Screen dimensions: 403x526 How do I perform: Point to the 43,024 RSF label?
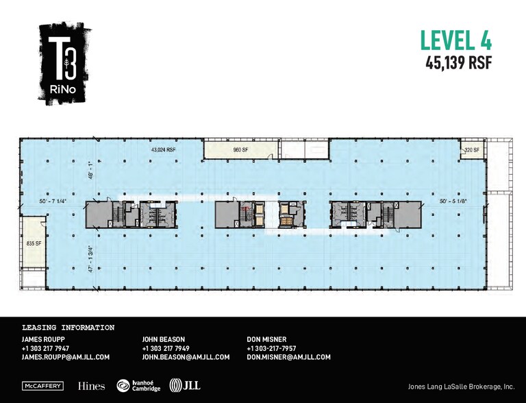click(163, 149)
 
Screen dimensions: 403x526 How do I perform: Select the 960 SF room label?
click(240, 149)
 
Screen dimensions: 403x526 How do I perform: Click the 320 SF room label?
click(471, 150)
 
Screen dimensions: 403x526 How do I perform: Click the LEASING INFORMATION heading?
click(68, 328)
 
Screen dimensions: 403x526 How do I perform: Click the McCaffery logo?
click(44, 386)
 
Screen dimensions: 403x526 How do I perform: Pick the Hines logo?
click(92, 386)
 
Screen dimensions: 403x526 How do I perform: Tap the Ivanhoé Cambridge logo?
click(138, 386)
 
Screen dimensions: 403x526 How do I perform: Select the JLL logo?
click(185, 386)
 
